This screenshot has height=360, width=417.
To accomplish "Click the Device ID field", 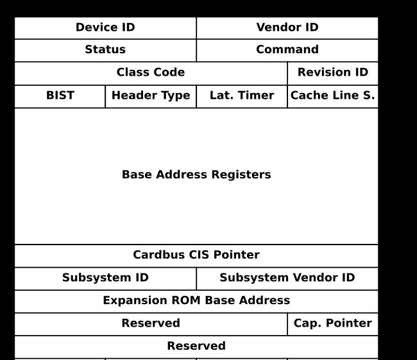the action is [x=105, y=28].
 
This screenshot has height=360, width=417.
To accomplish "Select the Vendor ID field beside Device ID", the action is [x=287, y=28].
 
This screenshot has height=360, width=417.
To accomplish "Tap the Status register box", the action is [x=105, y=50].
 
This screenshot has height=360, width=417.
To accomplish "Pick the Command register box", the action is [x=287, y=50].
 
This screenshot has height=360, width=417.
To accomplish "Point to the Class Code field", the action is [x=151, y=73].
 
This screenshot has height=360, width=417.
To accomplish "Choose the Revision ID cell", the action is [x=333, y=73].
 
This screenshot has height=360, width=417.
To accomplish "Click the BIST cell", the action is [x=60, y=97].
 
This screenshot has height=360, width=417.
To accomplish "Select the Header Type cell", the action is [x=151, y=97].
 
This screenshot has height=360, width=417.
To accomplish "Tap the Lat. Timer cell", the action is [x=242, y=97].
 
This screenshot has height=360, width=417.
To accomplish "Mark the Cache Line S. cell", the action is [x=333, y=97].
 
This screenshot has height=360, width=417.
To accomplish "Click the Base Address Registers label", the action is [x=196, y=175].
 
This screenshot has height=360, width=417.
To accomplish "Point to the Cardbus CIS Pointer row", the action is [x=196, y=255].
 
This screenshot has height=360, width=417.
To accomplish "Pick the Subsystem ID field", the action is [x=105, y=279].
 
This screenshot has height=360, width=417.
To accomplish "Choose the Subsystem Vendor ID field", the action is [x=287, y=279].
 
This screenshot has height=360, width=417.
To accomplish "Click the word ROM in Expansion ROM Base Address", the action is [x=186, y=300].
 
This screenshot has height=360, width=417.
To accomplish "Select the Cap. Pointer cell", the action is [x=333, y=324].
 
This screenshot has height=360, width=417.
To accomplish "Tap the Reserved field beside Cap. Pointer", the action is [x=151, y=324].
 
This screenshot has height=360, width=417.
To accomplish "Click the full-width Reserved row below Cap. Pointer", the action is [x=196, y=347].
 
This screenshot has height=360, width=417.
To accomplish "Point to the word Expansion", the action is [x=135, y=301].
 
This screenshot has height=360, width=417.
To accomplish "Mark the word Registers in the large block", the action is [x=241, y=175].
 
